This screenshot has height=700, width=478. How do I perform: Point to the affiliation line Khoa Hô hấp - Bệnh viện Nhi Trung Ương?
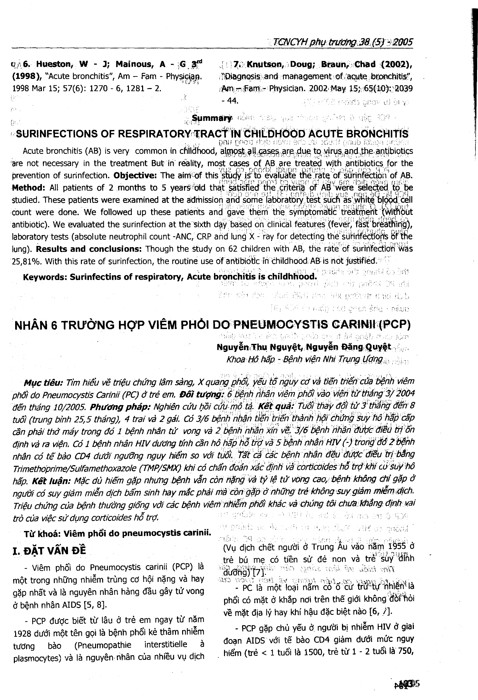point(305,359)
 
